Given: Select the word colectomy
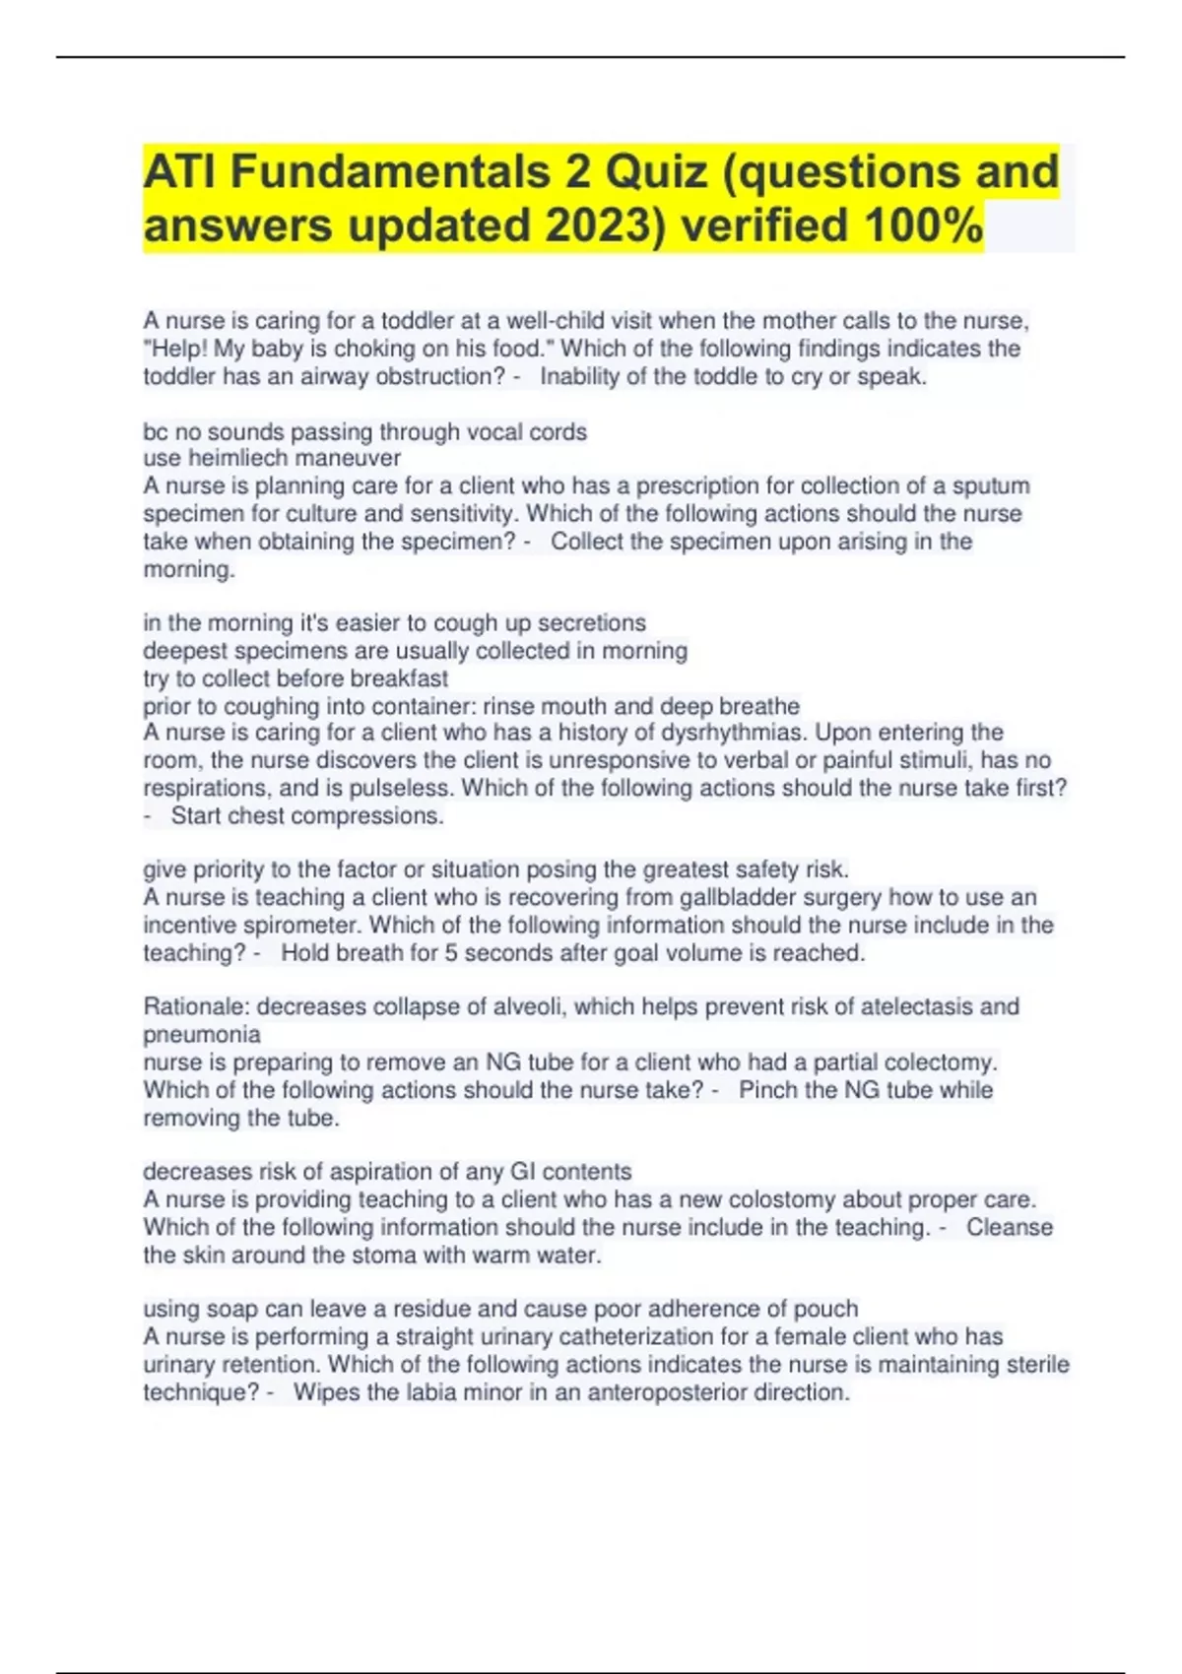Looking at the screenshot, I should [x=940, y=1062].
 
